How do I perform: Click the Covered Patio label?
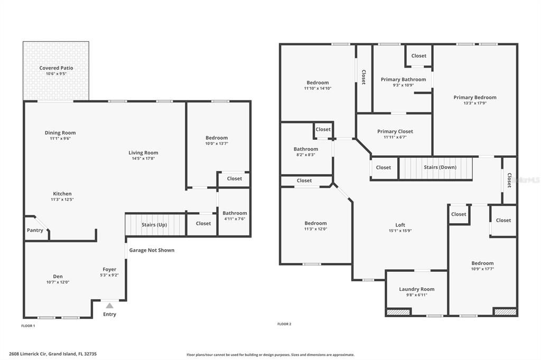56,68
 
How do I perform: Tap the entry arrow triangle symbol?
109,305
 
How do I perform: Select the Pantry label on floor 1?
35,230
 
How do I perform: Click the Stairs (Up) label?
154,224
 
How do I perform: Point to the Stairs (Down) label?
440,167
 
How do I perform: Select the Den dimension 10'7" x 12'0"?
58,282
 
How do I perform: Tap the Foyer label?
109,269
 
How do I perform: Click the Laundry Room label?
416,289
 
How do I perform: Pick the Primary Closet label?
395,131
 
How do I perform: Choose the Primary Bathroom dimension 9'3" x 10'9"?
403,85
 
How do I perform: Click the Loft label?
400,225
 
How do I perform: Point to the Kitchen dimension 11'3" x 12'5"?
62,200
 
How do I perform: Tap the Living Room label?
143,153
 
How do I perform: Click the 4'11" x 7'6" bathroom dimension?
235,219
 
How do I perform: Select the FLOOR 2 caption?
284,324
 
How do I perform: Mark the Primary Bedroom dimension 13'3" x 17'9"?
474,103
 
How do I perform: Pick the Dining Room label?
60,133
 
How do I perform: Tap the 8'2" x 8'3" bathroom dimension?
306,155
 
